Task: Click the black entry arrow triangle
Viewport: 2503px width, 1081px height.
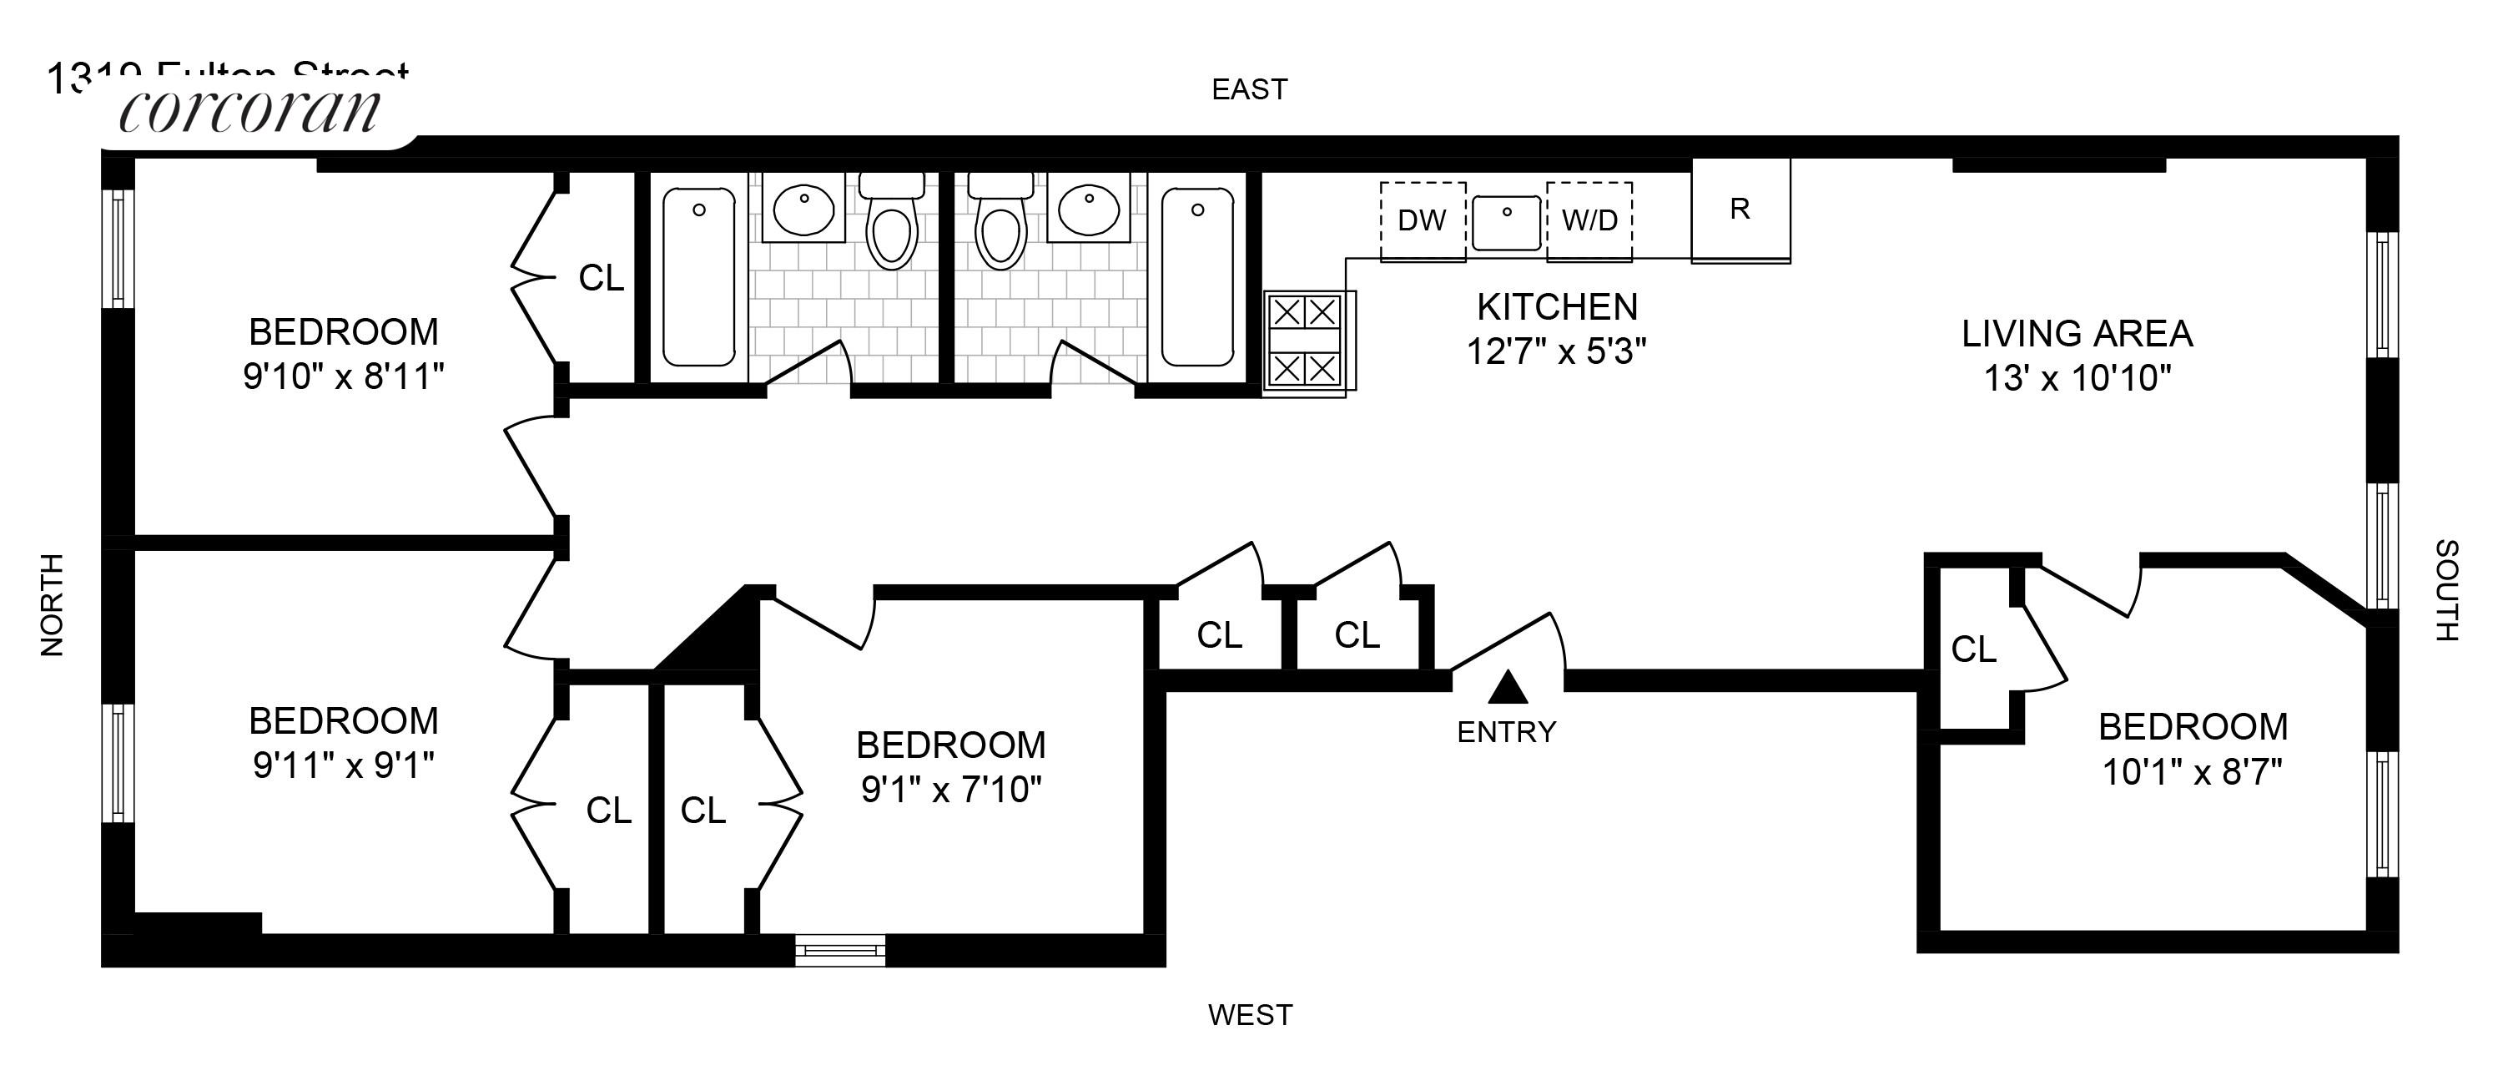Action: point(1508,687)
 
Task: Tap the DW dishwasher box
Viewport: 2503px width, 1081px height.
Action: point(1423,220)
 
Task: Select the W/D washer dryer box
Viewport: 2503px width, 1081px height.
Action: point(1589,220)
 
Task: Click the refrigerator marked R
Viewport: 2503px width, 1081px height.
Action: point(1740,210)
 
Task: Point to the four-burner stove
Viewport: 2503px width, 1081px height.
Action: point(1307,341)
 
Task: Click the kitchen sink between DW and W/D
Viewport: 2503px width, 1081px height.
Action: point(1506,223)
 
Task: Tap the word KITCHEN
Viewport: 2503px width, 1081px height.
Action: point(1557,307)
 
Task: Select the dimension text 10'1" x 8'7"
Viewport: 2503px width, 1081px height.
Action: point(2192,773)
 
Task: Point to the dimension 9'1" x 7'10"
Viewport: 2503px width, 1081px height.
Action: point(950,791)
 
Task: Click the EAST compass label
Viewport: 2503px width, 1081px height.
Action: point(1249,90)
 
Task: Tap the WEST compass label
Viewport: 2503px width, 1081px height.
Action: point(1250,1016)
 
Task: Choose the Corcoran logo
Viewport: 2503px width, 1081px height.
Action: point(249,111)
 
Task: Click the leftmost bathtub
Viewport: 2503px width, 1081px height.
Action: point(698,278)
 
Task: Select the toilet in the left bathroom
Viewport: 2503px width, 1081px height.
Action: point(891,225)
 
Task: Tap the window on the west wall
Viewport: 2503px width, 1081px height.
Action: point(840,950)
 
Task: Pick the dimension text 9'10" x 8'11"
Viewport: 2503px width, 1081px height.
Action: point(344,377)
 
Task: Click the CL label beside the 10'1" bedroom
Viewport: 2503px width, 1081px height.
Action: point(1973,649)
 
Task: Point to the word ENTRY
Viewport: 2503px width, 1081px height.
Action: point(1506,732)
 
